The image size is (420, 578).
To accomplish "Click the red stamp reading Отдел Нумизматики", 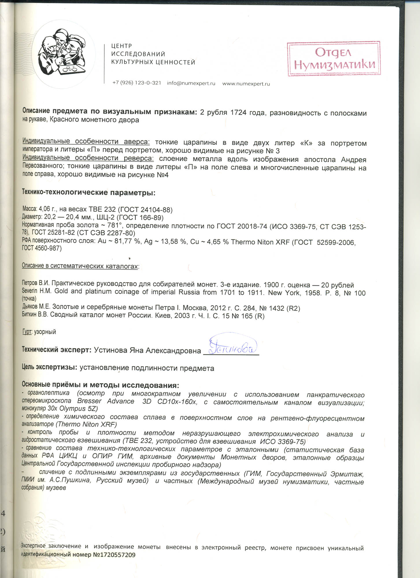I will tap(334, 59).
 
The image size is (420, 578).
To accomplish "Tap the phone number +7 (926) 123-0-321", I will tap(137, 83).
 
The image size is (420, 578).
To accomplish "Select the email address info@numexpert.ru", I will tap(191, 83).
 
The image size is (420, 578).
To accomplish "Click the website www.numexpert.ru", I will tap(246, 84).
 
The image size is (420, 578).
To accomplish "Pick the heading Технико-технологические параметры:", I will tap(89, 192).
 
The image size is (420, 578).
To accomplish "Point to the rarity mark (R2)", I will tap(293, 308).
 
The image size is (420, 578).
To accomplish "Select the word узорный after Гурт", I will tap(45, 332).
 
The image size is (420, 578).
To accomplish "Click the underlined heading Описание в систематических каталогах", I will tap(80, 266).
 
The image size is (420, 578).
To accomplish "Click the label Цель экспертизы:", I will tap(49, 367).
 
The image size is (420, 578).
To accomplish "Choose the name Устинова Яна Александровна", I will tap(147, 351).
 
